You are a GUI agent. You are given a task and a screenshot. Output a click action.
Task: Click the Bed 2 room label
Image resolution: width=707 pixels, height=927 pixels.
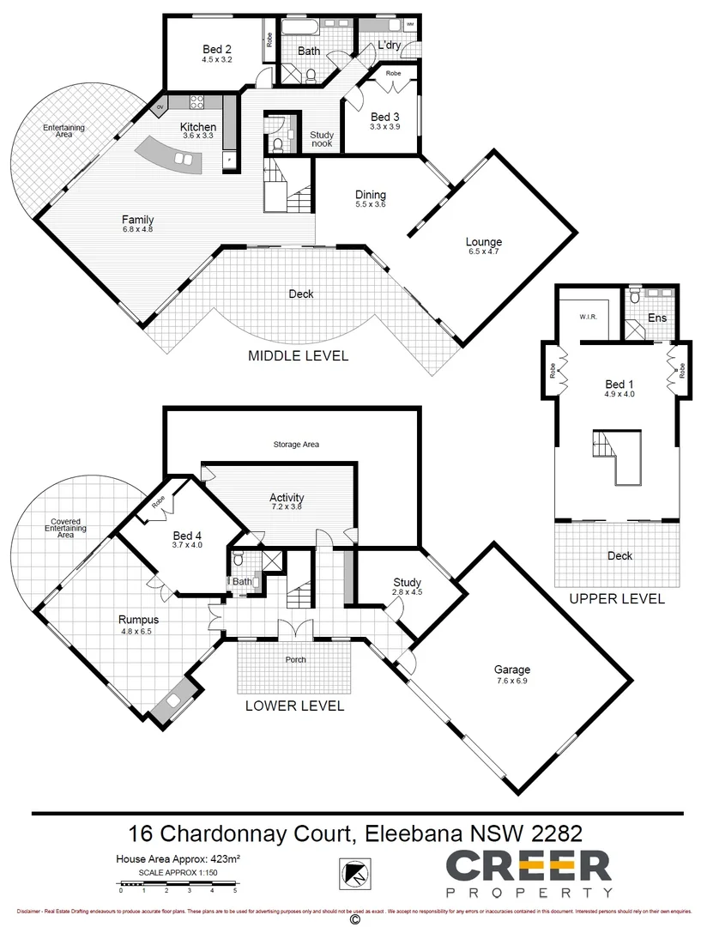click(x=216, y=49)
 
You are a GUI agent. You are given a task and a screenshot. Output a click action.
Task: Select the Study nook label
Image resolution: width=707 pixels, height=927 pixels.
click(x=322, y=139)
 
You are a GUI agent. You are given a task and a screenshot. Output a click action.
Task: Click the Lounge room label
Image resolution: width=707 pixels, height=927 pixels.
click(x=484, y=242)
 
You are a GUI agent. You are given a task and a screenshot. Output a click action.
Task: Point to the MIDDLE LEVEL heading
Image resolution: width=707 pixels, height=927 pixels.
click(x=298, y=355)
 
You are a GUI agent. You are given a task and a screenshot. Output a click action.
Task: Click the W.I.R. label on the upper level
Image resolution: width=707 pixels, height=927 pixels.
click(x=588, y=317)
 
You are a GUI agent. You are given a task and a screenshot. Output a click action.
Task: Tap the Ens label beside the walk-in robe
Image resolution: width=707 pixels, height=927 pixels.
click(x=657, y=318)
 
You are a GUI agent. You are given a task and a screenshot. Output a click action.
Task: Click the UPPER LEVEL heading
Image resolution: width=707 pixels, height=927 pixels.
click(x=617, y=599)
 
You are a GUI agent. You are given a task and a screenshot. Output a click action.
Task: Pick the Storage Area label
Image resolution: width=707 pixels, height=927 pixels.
click(x=297, y=445)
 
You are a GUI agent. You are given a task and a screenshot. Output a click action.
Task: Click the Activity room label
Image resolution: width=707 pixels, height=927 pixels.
click(x=287, y=498)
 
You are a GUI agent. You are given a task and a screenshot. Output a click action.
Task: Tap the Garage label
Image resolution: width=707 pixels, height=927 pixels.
click(x=511, y=669)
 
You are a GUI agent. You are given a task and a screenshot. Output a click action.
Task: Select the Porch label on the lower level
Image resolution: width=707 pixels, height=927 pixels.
click(x=295, y=659)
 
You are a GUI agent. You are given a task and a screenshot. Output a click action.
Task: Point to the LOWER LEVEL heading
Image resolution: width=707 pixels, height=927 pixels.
click(x=294, y=706)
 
